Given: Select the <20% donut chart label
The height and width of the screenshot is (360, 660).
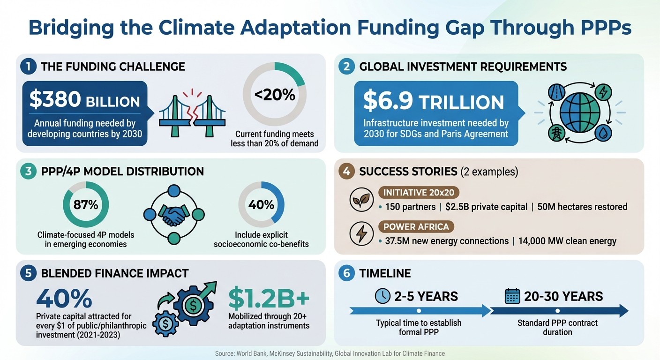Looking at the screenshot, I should coord(274,95).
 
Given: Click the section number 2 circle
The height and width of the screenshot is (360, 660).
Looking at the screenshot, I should coord(346,67).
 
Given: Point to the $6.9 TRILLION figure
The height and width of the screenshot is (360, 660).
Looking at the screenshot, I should coord(434,102).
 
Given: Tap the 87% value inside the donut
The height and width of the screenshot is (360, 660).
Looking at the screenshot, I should coord(86,204).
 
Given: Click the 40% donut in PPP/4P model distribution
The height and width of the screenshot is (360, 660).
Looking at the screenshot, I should coord(262,205).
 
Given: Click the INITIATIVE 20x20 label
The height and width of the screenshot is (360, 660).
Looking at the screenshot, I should coord(419,193).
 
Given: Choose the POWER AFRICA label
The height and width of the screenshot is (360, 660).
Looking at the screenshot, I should coord(416,227).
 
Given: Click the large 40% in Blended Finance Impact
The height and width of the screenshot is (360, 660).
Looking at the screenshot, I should coord(64,299).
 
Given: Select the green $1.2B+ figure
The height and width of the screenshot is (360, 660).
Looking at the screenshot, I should coord(269,298).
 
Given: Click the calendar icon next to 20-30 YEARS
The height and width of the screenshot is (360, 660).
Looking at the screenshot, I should coord(513,296).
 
